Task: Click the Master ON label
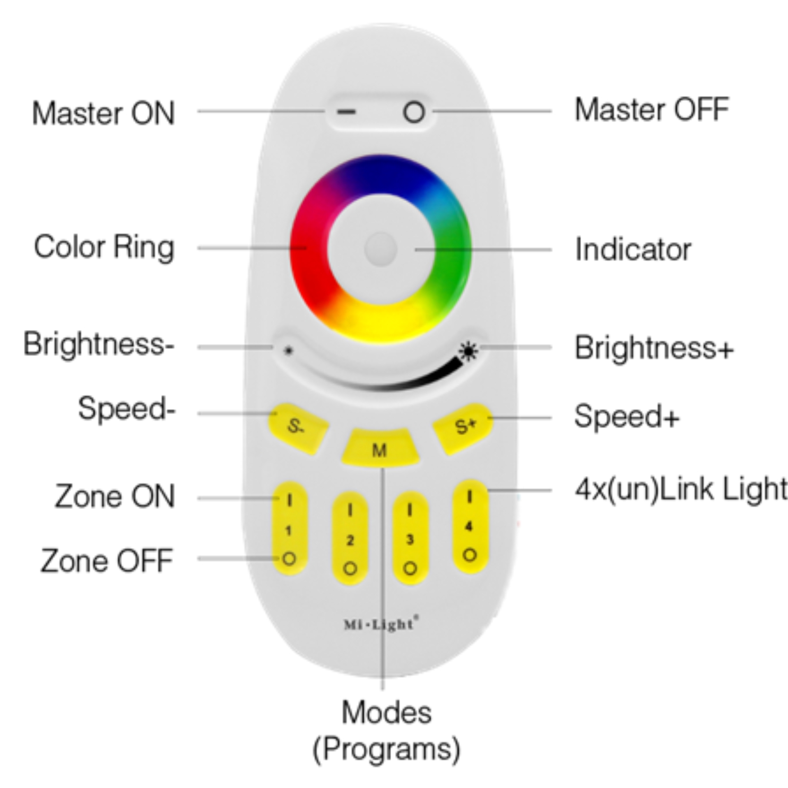[x=103, y=113]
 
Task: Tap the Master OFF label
[x=651, y=110]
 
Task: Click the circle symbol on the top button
[x=413, y=112]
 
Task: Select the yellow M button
[x=379, y=449]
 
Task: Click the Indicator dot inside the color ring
[x=380, y=248]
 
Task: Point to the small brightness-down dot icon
[x=288, y=351]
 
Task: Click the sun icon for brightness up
[x=469, y=351]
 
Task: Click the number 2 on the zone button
[x=350, y=540]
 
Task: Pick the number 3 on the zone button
[x=410, y=540]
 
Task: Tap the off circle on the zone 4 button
[x=469, y=555]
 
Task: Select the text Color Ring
[x=104, y=247]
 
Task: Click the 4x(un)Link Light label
[x=681, y=489]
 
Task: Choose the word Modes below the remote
[x=386, y=712]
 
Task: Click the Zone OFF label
[x=107, y=560]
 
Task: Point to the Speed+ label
[x=626, y=416]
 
